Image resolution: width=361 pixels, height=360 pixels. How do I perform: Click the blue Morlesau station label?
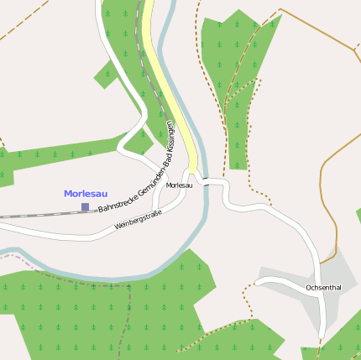point(86,194)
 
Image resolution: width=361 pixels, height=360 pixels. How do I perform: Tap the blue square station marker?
point(85,206)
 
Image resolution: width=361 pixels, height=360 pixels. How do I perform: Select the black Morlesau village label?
point(180,185)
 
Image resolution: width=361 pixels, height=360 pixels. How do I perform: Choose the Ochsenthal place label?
point(323,288)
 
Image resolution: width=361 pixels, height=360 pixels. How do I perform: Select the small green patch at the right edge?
point(358,217)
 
